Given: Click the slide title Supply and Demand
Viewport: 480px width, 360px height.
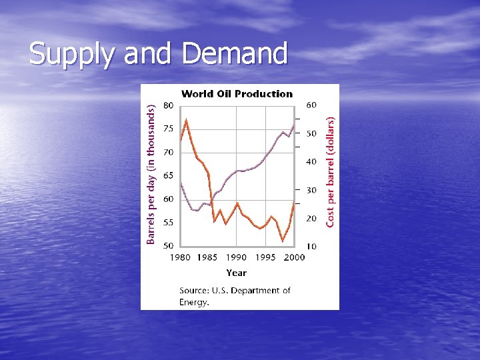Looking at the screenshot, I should [158, 54].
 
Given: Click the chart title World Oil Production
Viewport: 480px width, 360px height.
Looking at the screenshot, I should [237, 94].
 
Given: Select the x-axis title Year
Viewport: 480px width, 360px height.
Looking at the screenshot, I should [236, 273].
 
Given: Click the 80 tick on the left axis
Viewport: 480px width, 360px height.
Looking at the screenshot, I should [169, 105].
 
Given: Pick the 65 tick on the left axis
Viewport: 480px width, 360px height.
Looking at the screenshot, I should [169, 176].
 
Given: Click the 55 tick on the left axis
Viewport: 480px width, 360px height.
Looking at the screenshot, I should [169, 223].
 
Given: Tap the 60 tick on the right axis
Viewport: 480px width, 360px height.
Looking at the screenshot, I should [311, 105].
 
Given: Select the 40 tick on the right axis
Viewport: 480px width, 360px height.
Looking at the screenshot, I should [311, 162].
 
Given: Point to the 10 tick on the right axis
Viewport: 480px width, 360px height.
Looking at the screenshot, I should [311, 247].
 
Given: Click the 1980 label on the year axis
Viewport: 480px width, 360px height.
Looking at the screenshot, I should [179, 257].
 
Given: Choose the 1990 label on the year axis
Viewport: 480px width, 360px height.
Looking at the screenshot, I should [236, 257].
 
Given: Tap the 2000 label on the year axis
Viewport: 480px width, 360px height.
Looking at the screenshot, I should [293, 257].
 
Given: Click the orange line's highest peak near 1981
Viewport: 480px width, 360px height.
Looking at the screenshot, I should [186, 120].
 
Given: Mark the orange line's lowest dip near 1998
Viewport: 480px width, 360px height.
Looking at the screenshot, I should [283, 241].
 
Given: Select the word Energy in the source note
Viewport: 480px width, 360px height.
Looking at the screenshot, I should [193, 302].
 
